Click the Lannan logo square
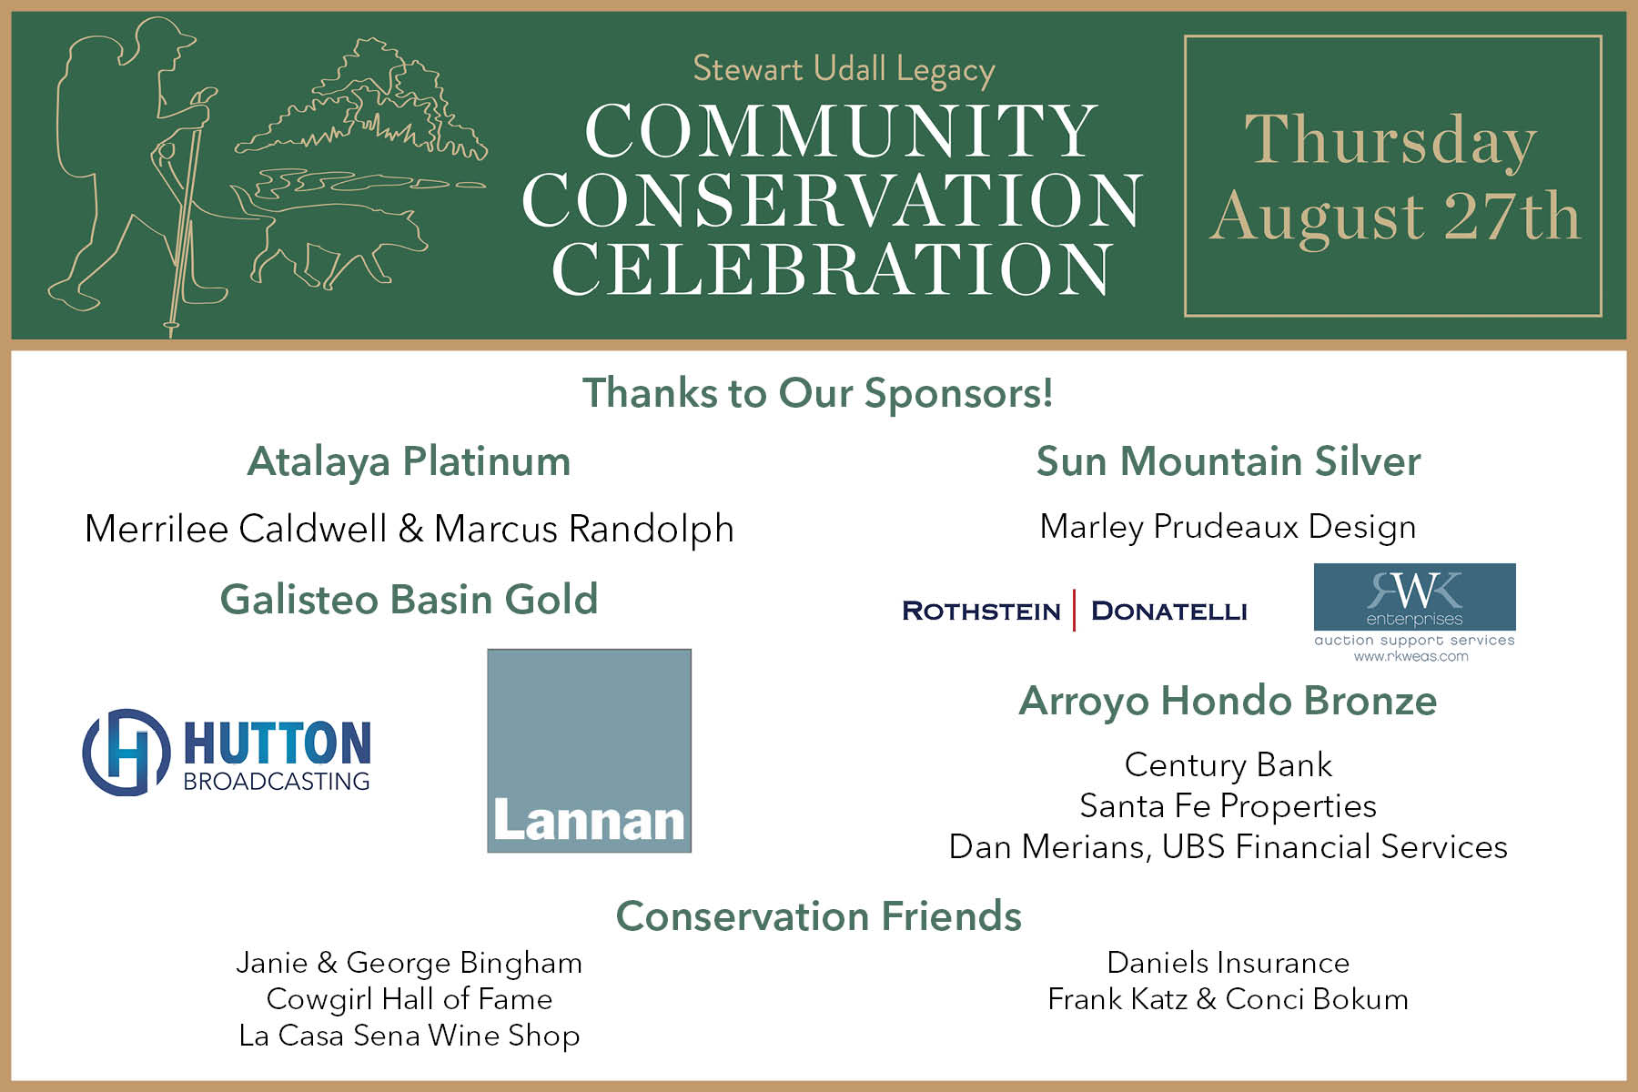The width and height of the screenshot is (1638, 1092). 589,751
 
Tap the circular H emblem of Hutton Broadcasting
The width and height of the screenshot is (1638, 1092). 126,752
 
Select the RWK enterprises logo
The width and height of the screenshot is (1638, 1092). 1414,612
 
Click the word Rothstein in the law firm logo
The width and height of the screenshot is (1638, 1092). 981,611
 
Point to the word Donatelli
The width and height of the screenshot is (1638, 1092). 1169,611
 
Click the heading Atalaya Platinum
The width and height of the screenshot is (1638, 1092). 409,461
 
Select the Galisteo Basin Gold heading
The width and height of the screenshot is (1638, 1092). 409,599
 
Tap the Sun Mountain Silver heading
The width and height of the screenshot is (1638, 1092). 1228,461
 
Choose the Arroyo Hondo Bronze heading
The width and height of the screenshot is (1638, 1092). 1228,702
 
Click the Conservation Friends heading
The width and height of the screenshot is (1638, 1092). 819,915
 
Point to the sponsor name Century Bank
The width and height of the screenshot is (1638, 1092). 1228,764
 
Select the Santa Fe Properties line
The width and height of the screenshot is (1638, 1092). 1228,806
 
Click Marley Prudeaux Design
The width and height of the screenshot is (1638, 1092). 1228,527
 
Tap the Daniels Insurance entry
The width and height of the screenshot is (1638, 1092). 1228,962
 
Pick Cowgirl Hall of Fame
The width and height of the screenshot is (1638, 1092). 409,999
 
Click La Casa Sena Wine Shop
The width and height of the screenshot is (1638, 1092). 409,1036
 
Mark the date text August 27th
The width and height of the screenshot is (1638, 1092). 1394,216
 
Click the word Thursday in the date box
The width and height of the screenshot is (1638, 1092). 1390,140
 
